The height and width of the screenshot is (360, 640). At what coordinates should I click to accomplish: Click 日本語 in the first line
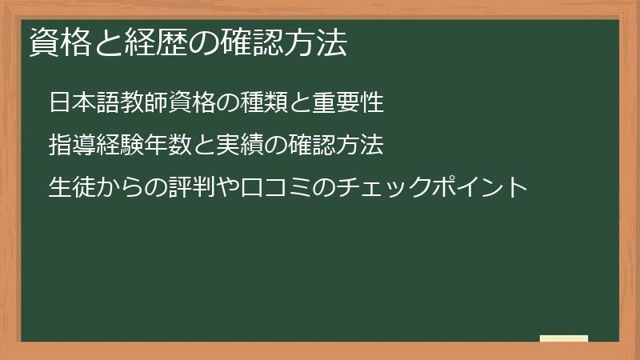click(82, 103)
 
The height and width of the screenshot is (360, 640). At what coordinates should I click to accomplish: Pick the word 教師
click(139, 103)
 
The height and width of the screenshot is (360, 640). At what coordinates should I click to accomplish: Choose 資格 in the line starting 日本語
click(183, 103)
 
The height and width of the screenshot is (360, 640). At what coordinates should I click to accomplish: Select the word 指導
click(71, 146)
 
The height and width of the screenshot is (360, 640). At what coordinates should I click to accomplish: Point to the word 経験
click(117, 146)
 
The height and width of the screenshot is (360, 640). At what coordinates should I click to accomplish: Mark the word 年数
click(162, 146)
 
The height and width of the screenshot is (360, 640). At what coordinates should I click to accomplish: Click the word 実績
click(229, 146)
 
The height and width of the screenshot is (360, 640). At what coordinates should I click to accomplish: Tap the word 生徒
click(71, 188)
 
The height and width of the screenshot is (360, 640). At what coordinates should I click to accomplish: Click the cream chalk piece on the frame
click(563, 338)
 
